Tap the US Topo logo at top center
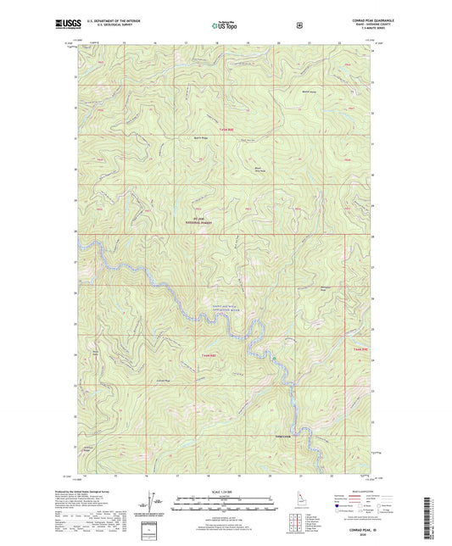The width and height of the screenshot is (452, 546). pos(225,27)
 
